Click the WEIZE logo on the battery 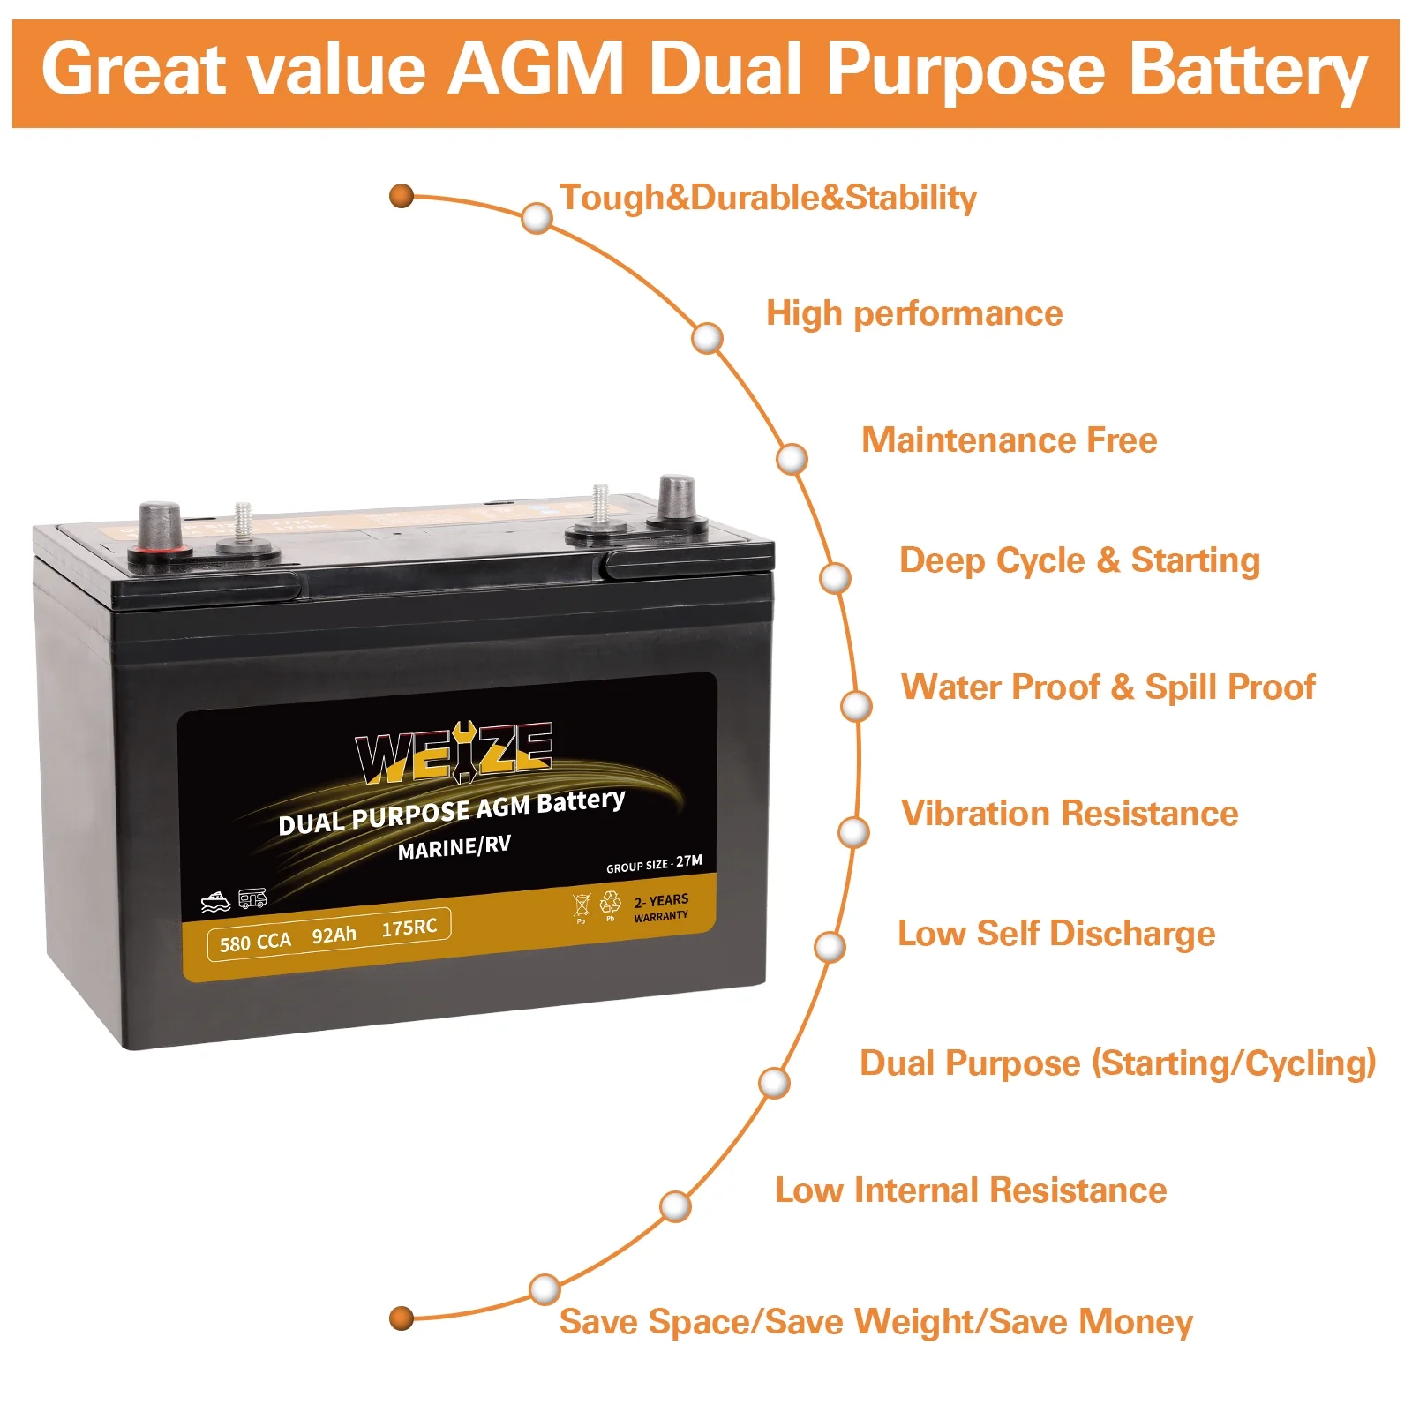tap(454, 753)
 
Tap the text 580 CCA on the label tap(255, 942)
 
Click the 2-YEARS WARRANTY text tap(661, 907)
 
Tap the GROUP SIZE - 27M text tap(654, 864)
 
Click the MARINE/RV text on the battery tap(454, 847)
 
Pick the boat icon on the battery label tap(215, 902)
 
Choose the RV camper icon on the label tap(252, 898)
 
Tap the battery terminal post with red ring tap(160, 531)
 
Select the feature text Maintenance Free tap(1009, 439)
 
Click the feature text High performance tap(914, 313)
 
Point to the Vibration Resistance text tap(1070, 813)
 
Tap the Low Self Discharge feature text tap(1056, 933)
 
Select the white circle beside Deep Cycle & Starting tap(835, 578)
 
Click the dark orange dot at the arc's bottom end tap(402, 1318)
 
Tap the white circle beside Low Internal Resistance tap(676, 1206)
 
